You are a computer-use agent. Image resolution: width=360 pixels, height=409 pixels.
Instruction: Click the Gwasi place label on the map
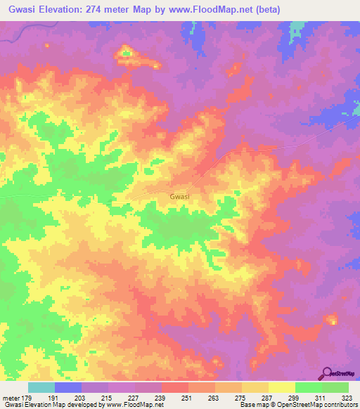click(180, 197)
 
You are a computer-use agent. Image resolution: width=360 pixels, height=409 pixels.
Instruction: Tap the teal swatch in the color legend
click(41, 387)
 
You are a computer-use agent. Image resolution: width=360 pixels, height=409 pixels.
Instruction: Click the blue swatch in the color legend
click(68, 387)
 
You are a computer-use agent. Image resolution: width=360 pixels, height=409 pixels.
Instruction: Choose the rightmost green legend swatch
click(335, 387)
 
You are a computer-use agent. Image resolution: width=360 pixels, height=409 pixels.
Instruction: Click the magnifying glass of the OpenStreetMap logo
click(327, 372)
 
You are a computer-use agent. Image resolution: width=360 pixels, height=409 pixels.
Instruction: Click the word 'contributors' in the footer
click(340, 405)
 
